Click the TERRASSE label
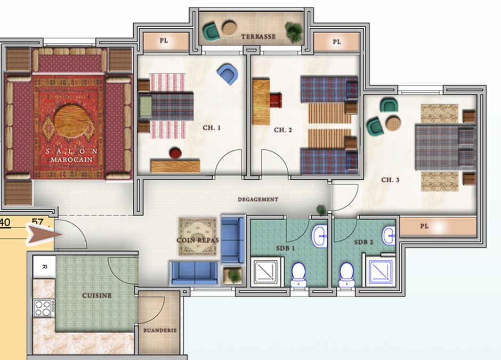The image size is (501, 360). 258,37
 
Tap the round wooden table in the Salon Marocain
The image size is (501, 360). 71,121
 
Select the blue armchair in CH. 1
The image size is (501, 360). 228,74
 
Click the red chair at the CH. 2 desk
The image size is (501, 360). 276,100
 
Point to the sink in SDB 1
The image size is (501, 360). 319,236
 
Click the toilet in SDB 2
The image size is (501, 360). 346,275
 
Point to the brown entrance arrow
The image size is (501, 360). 43,235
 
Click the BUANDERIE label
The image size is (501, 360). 160,331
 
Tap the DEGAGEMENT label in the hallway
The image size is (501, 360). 258,199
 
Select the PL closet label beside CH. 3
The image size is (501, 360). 424,226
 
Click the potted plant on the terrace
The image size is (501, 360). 294,32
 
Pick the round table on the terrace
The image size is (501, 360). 229,28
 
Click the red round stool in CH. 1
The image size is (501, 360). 175,153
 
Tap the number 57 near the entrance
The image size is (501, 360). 38,222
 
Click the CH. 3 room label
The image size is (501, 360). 390,180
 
